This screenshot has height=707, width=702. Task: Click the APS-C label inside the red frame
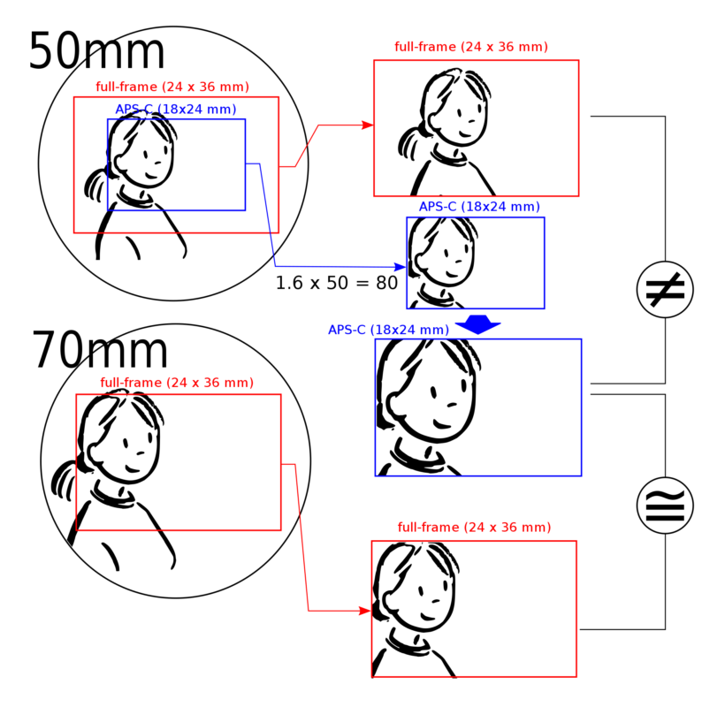[175, 110]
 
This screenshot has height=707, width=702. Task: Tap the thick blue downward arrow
[478, 324]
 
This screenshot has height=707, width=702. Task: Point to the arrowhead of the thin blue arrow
[400, 266]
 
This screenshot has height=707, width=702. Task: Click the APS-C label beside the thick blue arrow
[388, 331]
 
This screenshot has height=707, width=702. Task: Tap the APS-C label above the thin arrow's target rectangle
[479, 207]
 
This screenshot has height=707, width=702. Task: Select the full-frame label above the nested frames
[172, 87]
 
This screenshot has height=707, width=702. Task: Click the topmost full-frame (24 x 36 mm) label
[471, 47]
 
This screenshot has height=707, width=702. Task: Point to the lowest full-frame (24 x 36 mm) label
[474, 528]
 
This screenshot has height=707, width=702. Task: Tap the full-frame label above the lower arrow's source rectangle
[177, 383]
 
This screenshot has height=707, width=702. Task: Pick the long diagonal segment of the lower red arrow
[301, 537]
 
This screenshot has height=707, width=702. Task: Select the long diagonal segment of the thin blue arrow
[267, 215]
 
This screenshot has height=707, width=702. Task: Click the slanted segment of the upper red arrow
[307, 146]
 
